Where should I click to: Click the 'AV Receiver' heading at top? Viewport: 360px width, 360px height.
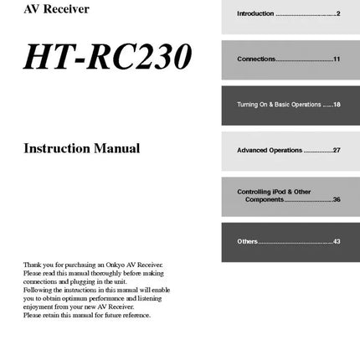(56, 9)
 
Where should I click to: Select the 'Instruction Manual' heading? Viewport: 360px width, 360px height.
(82, 149)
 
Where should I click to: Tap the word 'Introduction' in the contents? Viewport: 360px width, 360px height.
(255, 14)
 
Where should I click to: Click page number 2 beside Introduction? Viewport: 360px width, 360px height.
(338, 14)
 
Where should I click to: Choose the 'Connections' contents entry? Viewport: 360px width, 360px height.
(255, 59)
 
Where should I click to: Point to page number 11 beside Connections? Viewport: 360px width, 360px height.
(337, 59)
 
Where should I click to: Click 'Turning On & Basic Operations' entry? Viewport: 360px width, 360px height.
(279, 105)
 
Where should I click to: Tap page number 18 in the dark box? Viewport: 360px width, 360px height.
(337, 105)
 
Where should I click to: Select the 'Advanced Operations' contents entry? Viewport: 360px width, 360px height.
(270, 151)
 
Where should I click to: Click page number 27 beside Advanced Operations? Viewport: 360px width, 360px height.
(337, 151)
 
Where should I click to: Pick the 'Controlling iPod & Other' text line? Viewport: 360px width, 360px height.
(274, 192)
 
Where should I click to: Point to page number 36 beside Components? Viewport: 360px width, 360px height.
(337, 199)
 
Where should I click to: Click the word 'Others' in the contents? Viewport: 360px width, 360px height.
(248, 241)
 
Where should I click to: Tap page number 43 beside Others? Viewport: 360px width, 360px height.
(337, 241)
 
